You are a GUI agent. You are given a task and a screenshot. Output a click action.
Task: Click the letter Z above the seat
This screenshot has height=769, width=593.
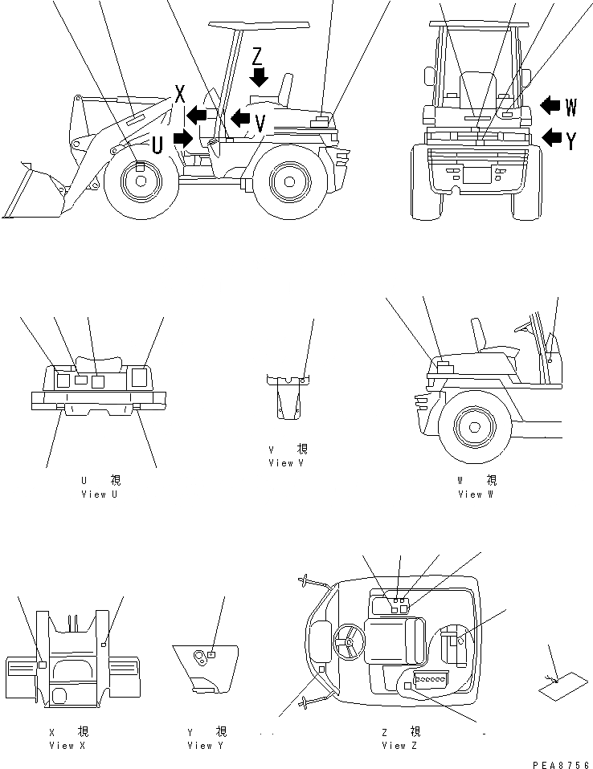tap(257, 55)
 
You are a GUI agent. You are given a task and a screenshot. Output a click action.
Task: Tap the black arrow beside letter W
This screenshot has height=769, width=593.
tap(552, 105)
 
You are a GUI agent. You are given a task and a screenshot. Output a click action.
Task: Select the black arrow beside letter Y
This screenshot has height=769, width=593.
tap(552, 137)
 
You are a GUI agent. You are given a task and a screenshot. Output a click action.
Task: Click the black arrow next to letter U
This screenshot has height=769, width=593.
tap(183, 138)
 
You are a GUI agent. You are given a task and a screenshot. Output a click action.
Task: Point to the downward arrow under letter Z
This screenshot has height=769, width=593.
tap(258, 77)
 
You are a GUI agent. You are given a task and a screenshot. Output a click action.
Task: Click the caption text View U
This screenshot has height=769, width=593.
tap(99, 494)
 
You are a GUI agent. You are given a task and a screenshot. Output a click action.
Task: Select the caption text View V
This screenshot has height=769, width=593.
tap(287, 463)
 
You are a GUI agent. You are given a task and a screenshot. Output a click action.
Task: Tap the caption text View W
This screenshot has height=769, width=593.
tap(476, 494)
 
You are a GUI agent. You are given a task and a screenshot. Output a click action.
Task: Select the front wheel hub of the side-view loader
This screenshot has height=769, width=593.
tap(140, 181)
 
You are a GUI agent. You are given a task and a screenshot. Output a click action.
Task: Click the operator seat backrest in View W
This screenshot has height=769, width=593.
tap(481, 332)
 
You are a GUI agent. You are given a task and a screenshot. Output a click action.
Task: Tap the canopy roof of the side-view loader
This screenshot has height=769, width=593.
tap(257, 23)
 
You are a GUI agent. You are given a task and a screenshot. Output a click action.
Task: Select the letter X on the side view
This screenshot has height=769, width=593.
tap(180, 94)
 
